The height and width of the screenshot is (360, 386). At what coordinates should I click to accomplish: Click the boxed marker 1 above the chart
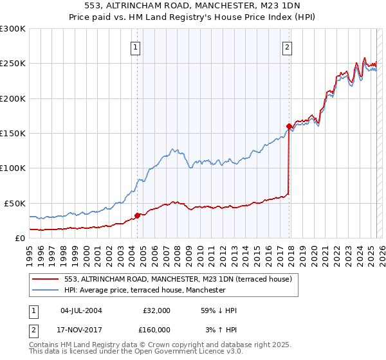click(136, 46)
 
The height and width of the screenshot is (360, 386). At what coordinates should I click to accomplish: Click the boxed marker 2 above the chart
click(286, 46)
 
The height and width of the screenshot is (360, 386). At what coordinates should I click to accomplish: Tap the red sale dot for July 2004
click(137, 215)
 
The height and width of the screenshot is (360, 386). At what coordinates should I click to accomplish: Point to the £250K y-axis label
click(13, 64)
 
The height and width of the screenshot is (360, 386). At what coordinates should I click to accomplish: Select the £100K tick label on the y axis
click(13, 168)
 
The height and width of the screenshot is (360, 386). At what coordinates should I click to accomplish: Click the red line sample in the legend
click(46, 279)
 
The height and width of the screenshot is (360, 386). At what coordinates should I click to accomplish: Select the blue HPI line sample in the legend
click(46, 290)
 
